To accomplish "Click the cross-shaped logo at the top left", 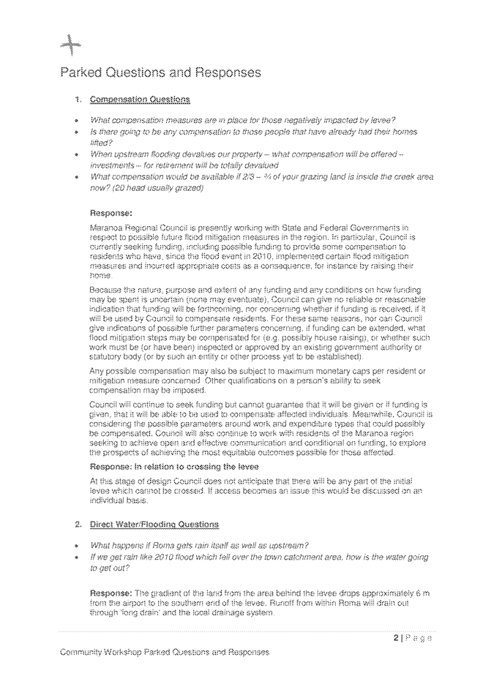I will click(x=70, y=47).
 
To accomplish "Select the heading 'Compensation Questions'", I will click(x=140, y=99).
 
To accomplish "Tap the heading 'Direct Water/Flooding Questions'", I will click(x=153, y=525).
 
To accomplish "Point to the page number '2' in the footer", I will click(x=396, y=638).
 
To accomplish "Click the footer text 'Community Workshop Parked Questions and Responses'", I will click(x=164, y=651).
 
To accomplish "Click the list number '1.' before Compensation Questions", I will click(x=78, y=99).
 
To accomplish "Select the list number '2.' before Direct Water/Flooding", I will click(x=78, y=525).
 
